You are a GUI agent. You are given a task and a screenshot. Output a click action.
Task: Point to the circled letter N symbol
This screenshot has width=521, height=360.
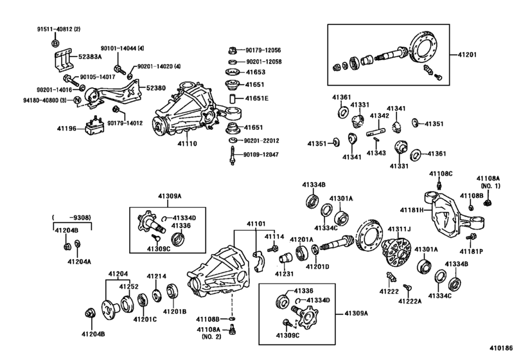[x=77, y=100]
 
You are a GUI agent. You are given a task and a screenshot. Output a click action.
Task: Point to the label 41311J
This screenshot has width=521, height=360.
[x=400, y=228]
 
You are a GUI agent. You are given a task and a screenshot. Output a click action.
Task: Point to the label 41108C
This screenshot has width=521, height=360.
[x=441, y=174]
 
